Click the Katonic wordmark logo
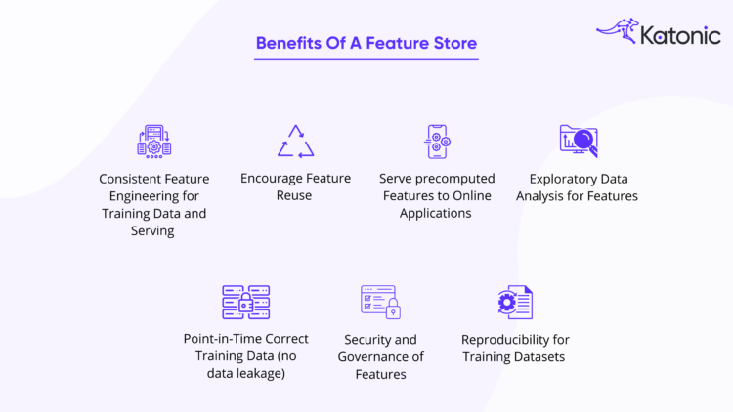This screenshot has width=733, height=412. (x=680, y=36)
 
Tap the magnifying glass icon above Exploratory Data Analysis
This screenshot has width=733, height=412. (x=579, y=142)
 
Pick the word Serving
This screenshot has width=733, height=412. (x=152, y=231)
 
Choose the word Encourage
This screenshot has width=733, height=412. (x=271, y=179)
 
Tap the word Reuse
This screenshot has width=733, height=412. (x=294, y=196)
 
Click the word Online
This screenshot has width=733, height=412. (x=469, y=196)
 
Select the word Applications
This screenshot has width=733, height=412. (x=436, y=214)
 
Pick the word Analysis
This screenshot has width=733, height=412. (x=543, y=196)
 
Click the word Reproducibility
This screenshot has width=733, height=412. (x=505, y=340)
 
